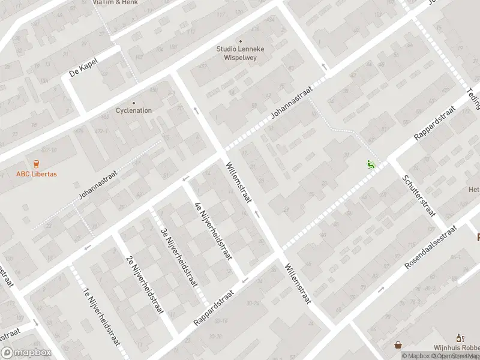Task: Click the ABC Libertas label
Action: point(37,175)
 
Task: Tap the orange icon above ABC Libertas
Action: point(37,164)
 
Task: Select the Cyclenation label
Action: point(134,110)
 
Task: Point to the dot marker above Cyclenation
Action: point(134,103)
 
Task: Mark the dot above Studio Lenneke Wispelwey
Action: point(241,41)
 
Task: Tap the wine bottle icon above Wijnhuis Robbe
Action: point(460,338)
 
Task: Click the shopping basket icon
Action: point(398,345)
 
